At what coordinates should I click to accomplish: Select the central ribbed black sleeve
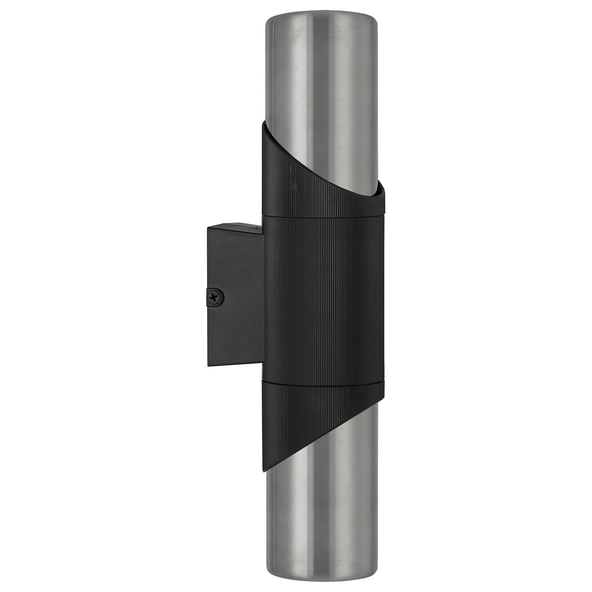(x=322, y=300)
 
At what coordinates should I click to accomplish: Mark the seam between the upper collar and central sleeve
(x=322, y=216)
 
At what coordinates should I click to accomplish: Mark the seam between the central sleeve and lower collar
(x=322, y=382)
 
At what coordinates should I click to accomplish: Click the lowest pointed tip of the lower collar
(x=264, y=471)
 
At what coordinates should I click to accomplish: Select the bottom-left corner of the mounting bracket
(x=208, y=365)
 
